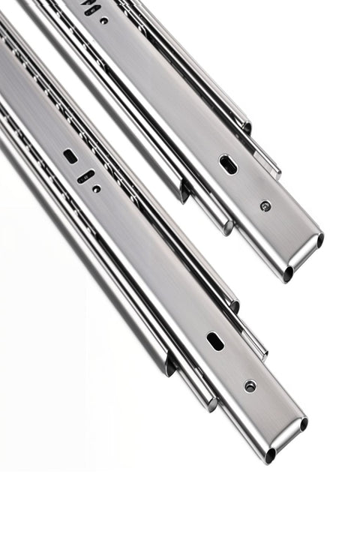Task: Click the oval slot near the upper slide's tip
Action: coord(228,164)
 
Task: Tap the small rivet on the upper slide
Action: coord(265,206)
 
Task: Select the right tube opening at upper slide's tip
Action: coord(320,241)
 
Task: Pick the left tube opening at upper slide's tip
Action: coord(288,274)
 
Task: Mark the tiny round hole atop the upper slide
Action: coord(103,21)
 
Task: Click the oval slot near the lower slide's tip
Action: coord(215,341)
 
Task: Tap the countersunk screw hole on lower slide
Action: coord(250,385)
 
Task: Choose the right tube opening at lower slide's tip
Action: coord(304,424)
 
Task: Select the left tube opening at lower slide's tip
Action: coord(270,455)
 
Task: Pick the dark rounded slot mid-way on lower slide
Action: coord(69,156)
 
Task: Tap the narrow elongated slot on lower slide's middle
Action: coord(86,177)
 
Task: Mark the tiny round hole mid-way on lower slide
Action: coord(97,189)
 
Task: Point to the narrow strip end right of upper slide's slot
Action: coord(274,171)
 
